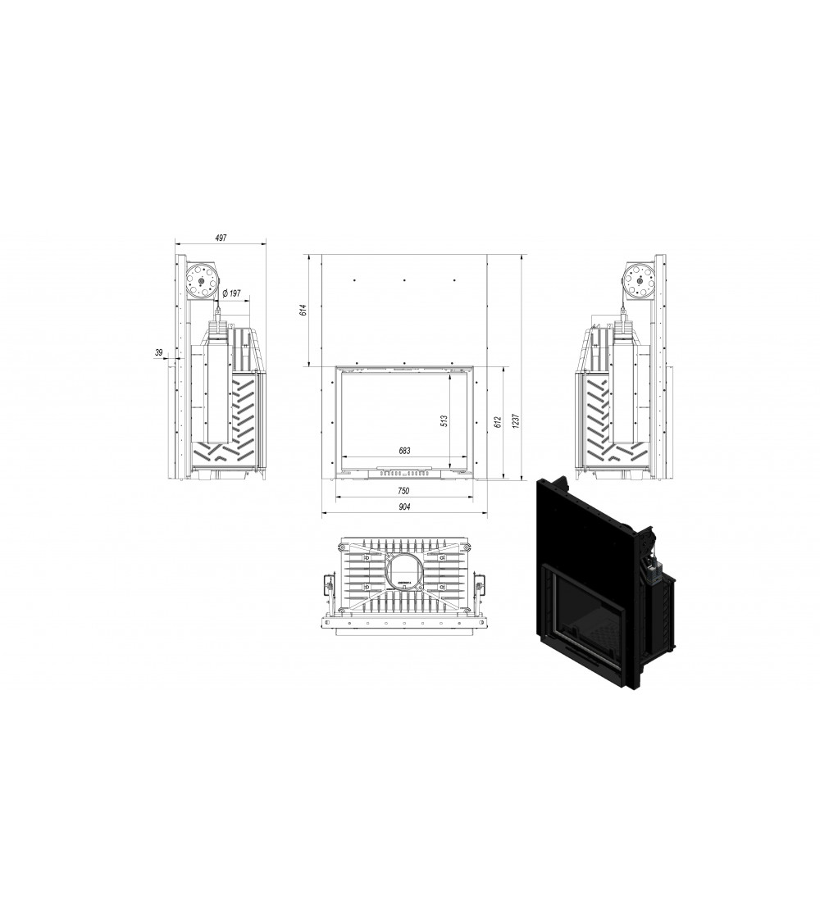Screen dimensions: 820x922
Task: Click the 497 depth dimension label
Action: tap(220, 238)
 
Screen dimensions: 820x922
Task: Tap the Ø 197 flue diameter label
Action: tap(232, 293)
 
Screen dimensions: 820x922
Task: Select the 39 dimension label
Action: tap(158, 352)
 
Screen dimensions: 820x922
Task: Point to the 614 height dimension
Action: tap(303, 311)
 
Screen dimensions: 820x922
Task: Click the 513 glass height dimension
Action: tap(444, 421)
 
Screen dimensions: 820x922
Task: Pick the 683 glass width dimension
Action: tap(404, 451)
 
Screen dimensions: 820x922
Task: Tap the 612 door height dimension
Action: tap(498, 421)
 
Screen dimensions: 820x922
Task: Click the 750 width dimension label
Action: tap(403, 491)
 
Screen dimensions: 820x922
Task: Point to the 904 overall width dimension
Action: tap(404, 506)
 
